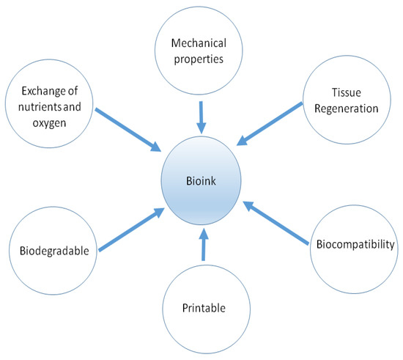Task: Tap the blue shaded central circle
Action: pos(202,198)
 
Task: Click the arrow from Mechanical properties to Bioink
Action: pos(202,116)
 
